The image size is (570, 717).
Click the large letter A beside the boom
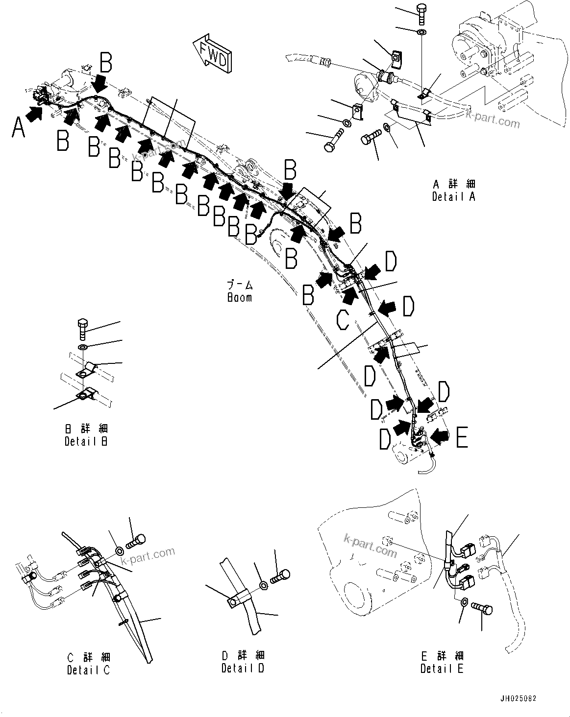pyautogui.click(x=18, y=129)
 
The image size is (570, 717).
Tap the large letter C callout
pyautogui.click(x=343, y=320)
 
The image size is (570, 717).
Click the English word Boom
pyautogui.click(x=240, y=297)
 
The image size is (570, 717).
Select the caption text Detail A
pyautogui.click(x=453, y=196)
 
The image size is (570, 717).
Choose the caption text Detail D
pyautogui.click(x=243, y=668)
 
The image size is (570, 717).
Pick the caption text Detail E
pyautogui.click(x=442, y=668)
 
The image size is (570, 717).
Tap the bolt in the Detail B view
pyautogui.click(x=83, y=329)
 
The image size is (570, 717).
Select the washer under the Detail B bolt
pyautogui.click(x=83, y=347)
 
